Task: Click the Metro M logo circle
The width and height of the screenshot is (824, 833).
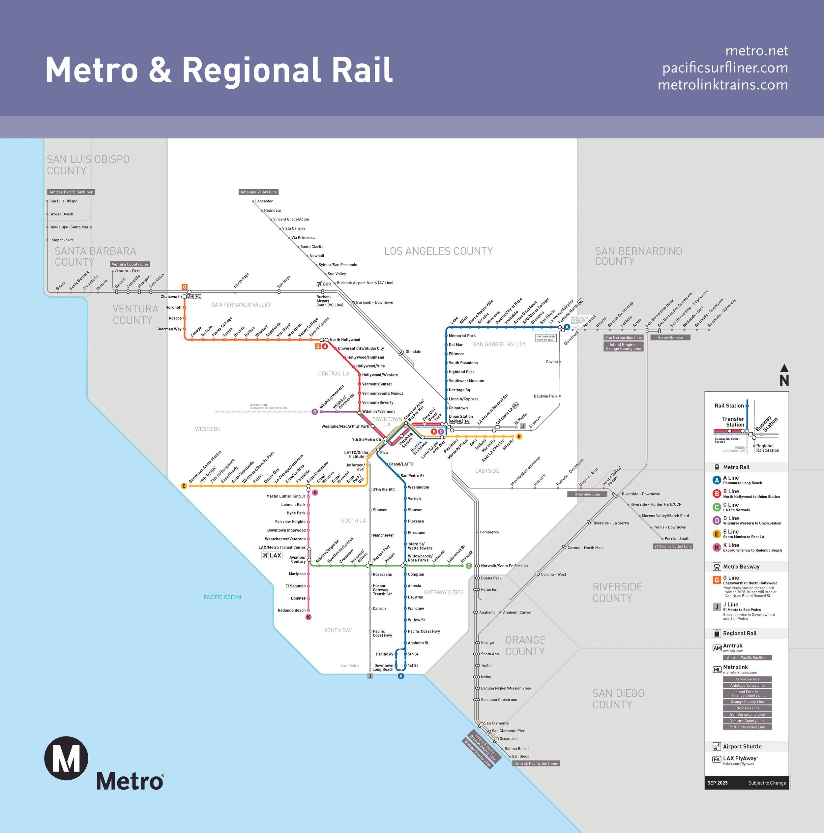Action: point(66,758)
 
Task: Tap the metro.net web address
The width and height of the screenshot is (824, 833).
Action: point(756,51)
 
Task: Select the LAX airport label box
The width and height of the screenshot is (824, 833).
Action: point(272,555)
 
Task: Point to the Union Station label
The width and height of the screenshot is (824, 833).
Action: point(460,417)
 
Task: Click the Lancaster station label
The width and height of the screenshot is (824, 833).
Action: point(264,201)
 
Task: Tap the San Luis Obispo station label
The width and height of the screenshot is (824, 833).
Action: point(63,201)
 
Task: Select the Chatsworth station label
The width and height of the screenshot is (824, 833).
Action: point(171,297)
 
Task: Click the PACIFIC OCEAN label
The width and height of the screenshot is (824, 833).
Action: point(222,597)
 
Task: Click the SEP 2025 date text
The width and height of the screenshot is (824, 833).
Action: point(717,783)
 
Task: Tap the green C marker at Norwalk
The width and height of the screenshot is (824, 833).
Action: point(469,566)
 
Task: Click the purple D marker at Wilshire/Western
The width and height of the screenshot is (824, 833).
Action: point(315,412)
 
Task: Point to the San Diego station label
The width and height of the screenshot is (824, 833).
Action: point(520,756)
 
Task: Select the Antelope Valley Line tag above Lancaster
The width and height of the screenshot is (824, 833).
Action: point(258,192)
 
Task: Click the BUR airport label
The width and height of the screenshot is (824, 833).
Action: point(327,284)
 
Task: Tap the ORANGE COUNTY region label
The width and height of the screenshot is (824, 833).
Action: point(525,645)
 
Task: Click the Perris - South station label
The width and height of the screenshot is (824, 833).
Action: point(677,539)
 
